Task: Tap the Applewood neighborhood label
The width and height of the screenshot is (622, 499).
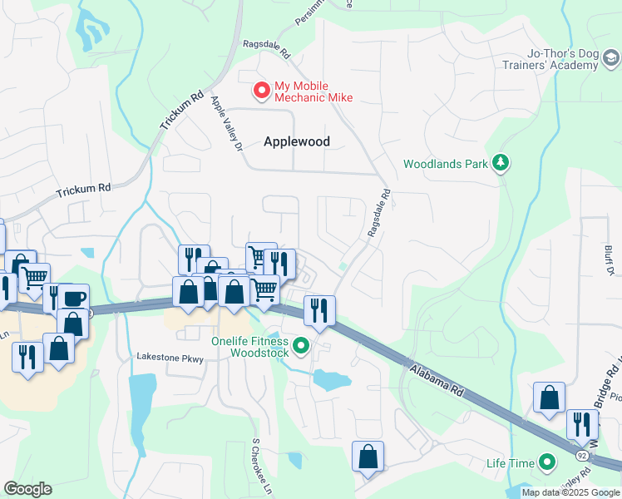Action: pyautogui.click(x=297, y=141)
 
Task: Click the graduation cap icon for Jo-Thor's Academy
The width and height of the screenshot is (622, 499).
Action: pyautogui.click(x=611, y=58)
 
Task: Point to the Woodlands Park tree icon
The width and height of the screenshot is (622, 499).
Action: pyautogui.click(x=501, y=163)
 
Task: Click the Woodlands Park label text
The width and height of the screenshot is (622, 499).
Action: pyautogui.click(x=445, y=164)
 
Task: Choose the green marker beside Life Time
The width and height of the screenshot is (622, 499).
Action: pyautogui.click(x=546, y=462)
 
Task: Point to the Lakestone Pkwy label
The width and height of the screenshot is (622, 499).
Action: pyautogui.click(x=170, y=357)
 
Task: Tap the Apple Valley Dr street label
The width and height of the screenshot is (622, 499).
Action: pyautogui.click(x=225, y=123)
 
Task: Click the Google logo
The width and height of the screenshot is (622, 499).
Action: pyautogui.click(x=27, y=489)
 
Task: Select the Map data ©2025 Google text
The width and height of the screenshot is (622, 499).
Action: pyautogui.click(x=570, y=492)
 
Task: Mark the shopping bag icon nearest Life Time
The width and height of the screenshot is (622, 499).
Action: pyautogui.click(x=550, y=398)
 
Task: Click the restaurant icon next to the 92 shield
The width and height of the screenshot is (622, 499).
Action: pyautogui.click(x=582, y=423)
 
